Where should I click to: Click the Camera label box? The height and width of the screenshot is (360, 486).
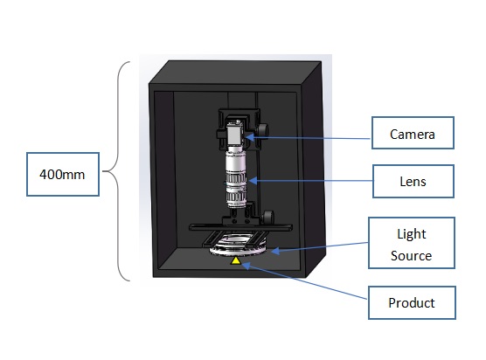413,133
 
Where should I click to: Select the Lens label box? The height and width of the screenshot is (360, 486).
413,181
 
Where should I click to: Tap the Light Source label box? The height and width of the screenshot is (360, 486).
412,243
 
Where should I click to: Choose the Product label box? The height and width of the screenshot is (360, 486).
412,302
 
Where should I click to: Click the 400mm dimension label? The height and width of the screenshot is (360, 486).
63,174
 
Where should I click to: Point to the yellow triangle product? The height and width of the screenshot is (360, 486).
235,260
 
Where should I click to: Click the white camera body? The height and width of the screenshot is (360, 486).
233,134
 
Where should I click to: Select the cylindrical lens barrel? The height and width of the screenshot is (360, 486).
236,177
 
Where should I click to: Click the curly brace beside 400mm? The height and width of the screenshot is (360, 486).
118,171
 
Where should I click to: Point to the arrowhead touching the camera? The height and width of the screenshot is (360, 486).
250,136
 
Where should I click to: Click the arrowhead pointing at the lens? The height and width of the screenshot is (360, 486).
253,180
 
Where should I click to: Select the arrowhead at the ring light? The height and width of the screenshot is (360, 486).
275,251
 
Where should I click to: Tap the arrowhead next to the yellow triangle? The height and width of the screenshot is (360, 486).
246,266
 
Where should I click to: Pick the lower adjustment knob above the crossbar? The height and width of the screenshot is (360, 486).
268,217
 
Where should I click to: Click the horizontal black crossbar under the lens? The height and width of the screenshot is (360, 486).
241,227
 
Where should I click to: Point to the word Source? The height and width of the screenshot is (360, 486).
411,256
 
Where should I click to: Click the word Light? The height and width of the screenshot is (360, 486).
412,234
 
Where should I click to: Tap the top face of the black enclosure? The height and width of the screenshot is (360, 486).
235,73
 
